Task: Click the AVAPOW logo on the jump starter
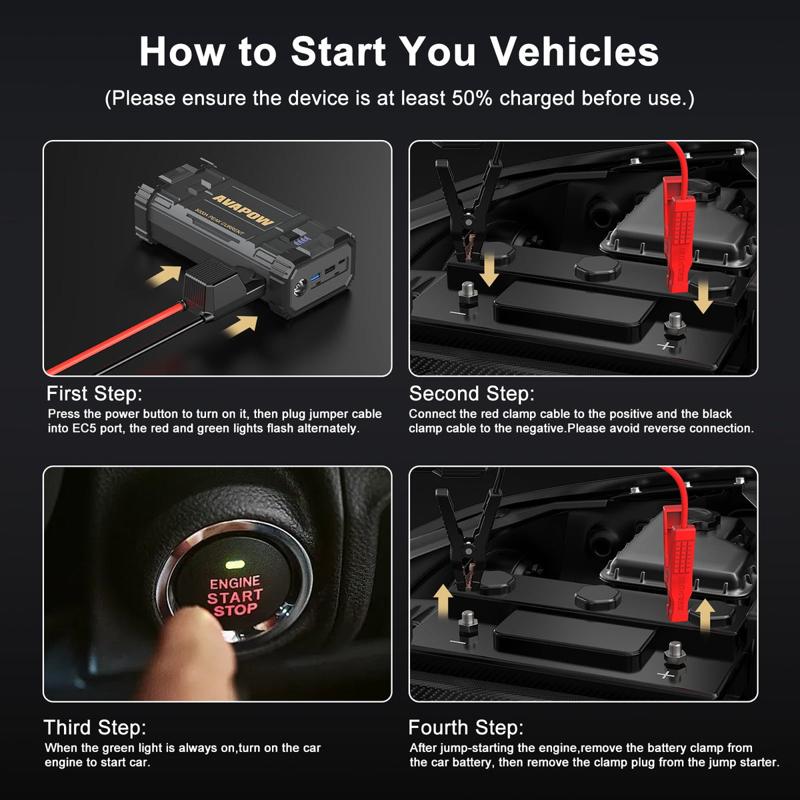click(243, 209)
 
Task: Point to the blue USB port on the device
click(315, 277)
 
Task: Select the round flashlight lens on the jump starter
click(300, 288)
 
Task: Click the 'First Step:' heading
click(94, 393)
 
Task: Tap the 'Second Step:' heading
click(471, 393)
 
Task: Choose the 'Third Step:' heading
click(95, 728)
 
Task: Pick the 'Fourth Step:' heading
click(466, 728)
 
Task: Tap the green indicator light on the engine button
click(235, 565)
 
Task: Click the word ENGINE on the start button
click(235, 583)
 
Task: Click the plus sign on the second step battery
click(665, 345)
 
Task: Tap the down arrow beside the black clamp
click(490, 270)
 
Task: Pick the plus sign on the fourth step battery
click(665, 675)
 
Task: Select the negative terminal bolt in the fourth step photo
click(468, 623)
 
